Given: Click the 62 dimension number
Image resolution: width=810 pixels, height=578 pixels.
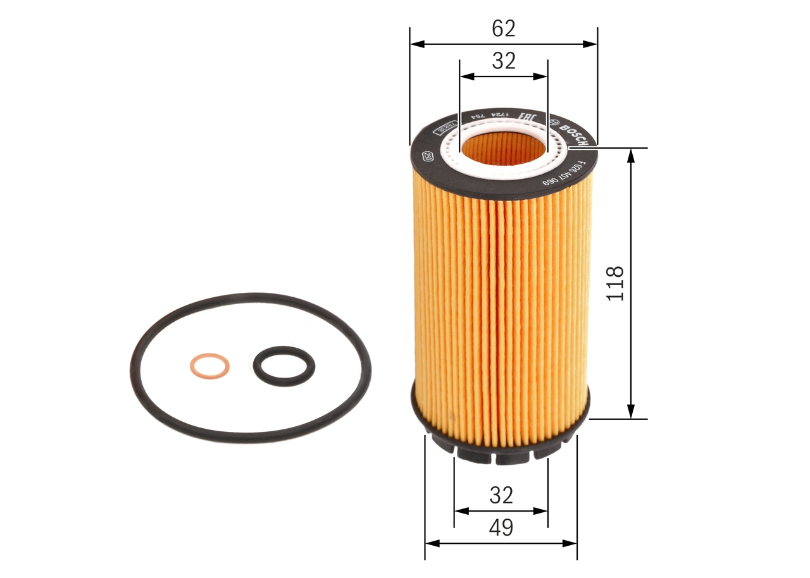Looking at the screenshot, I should click(504, 28).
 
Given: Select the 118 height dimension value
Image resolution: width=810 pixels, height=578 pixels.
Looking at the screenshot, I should click(616, 283).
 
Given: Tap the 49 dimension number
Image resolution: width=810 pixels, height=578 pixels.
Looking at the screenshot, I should click(501, 527).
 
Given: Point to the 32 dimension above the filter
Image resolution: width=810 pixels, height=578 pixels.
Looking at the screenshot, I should click(504, 61).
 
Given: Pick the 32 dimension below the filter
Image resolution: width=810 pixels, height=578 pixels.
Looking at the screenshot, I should click(501, 495).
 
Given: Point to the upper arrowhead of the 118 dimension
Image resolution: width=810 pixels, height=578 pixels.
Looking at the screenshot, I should click(631, 156).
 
